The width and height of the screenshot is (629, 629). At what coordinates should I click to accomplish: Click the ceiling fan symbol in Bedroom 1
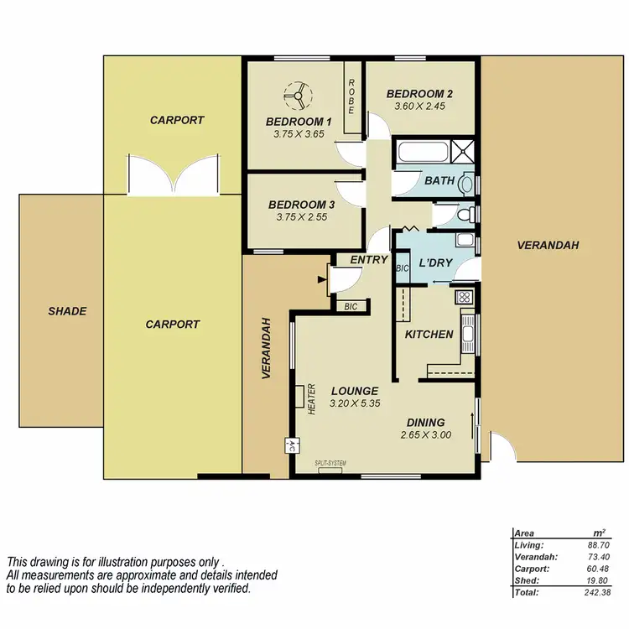tap(294, 97)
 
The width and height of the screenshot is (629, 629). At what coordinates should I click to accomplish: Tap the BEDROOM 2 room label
tap(419, 94)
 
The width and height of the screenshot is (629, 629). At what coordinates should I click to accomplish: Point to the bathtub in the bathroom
tap(422, 153)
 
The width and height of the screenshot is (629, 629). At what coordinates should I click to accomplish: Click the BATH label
tap(439, 180)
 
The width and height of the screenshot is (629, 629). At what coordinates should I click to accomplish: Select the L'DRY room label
tap(435, 263)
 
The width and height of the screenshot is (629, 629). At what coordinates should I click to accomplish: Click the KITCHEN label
tap(429, 334)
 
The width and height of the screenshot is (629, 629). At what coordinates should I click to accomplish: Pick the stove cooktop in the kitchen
tap(463, 296)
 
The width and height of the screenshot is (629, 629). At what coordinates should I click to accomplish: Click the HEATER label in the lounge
tap(310, 399)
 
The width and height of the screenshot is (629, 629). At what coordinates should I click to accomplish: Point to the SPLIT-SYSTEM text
tap(330, 464)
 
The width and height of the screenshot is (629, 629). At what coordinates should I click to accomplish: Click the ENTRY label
tap(368, 260)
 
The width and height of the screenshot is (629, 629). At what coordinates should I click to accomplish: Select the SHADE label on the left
tap(67, 311)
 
